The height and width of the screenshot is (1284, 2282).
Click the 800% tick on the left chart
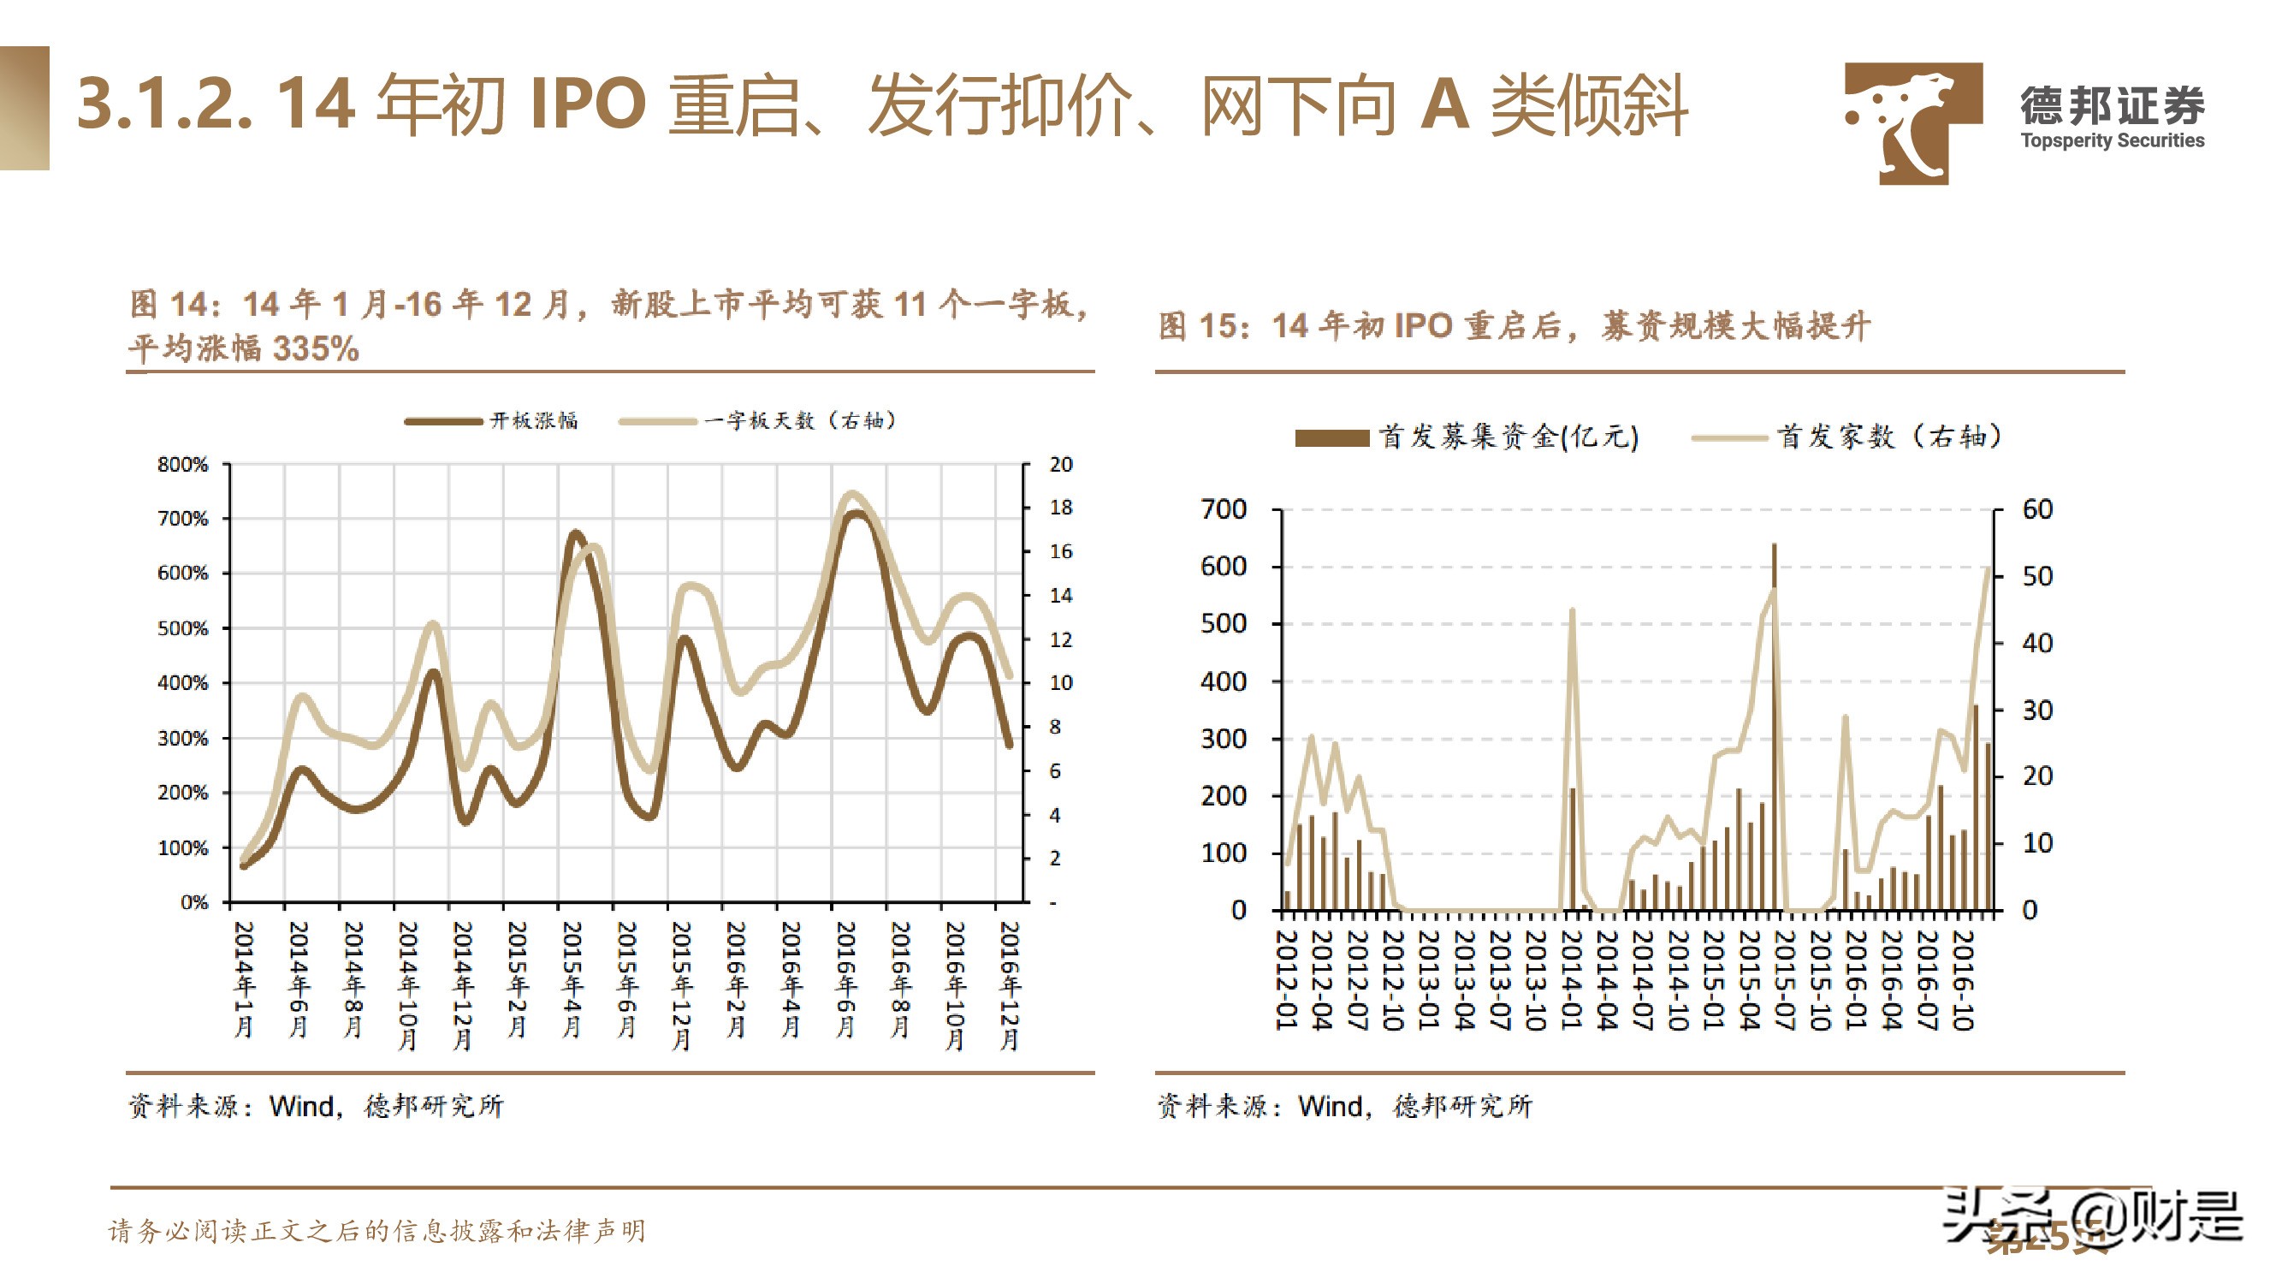pos(182,464)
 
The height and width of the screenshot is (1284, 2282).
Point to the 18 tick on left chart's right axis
pos(1060,508)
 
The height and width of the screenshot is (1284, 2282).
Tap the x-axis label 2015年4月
pos(572,979)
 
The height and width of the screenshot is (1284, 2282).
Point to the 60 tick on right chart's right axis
pos(2036,509)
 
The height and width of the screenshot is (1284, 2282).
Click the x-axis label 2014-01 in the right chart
pos(1571,979)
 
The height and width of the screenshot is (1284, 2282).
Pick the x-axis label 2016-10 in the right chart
pos(1962,979)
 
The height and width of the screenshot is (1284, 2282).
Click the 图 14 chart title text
pos(608,325)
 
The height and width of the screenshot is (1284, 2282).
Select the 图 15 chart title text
pos(1514,326)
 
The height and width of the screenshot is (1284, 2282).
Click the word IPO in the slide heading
pos(587,104)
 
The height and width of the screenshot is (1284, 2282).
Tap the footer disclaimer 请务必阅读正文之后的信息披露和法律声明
pos(376,1230)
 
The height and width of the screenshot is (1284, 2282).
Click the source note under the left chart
pos(316,1105)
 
